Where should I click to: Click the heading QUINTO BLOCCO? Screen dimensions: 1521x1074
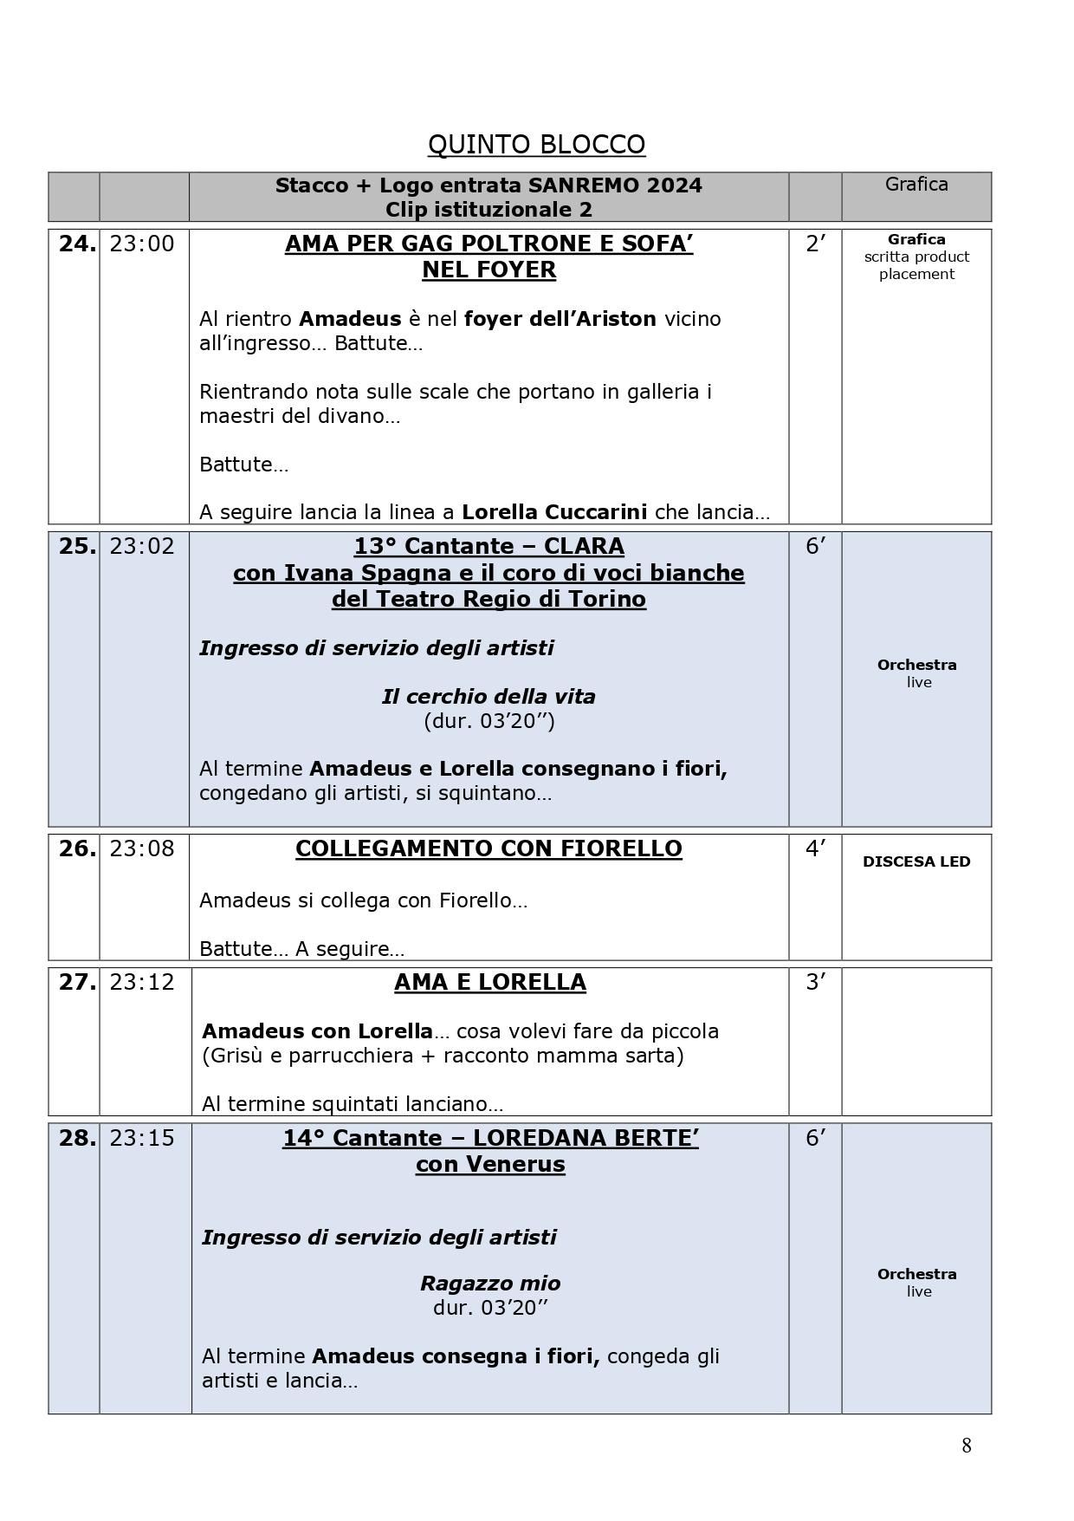(536, 145)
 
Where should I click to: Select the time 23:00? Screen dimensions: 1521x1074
(142, 244)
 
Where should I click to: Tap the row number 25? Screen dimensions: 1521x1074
(77, 547)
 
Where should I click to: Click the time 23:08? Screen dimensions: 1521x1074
(142, 849)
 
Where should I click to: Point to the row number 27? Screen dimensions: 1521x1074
(77, 983)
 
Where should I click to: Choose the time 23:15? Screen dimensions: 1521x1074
(142, 1139)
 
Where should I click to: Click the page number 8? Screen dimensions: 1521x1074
(966, 1446)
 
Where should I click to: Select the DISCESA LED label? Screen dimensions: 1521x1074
(916, 862)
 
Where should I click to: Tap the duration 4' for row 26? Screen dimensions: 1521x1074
(814, 849)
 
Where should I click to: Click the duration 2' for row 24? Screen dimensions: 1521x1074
(814, 244)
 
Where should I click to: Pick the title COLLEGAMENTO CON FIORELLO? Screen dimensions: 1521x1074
(488, 849)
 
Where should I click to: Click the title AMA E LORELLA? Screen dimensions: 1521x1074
(489, 983)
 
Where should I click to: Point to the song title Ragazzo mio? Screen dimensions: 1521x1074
(490, 1284)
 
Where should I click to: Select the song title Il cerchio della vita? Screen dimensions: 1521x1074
(488, 697)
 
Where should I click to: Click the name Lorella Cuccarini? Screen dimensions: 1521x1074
(554, 512)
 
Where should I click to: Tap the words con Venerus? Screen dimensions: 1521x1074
(490, 1164)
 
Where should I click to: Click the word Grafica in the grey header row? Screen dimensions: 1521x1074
(916, 185)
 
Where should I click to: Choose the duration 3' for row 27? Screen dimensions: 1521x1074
(814, 983)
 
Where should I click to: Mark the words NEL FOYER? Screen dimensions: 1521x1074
(488, 270)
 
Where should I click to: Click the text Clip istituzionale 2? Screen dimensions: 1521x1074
(488, 210)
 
